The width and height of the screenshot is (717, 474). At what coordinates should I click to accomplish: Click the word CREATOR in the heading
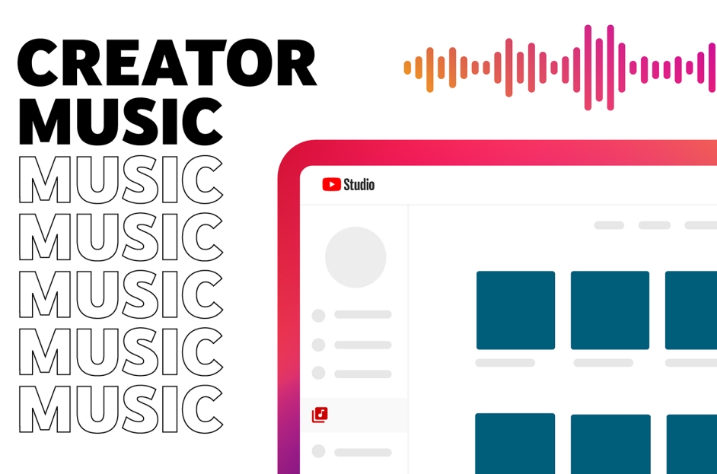click(x=167, y=63)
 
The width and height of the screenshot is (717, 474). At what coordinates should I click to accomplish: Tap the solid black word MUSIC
click(x=121, y=121)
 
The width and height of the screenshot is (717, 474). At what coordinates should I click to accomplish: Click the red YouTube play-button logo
click(x=332, y=184)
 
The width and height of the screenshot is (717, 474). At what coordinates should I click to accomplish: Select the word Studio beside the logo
click(x=359, y=184)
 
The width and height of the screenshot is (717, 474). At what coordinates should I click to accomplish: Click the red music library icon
click(x=320, y=415)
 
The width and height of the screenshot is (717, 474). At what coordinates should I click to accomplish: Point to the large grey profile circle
click(x=355, y=257)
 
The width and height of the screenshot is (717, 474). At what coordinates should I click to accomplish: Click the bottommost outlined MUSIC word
click(x=121, y=409)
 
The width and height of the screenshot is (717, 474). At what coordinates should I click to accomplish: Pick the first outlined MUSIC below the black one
click(x=121, y=180)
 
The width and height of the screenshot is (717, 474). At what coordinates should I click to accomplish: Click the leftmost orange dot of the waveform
click(x=407, y=68)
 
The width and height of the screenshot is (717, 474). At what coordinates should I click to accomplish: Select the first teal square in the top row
click(x=516, y=310)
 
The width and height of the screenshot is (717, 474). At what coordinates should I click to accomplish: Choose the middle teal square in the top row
click(x=610, y=310)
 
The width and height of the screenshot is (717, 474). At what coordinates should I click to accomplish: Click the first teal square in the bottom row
click(x=515, y=444)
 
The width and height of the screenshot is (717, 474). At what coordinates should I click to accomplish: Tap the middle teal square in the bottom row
click(x=610, y=444)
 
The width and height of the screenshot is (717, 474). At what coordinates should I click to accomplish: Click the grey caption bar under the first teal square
click(x=505, y=363)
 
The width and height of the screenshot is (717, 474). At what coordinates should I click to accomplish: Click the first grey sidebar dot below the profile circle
click(x=318, y=316)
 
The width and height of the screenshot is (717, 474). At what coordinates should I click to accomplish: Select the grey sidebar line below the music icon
click(x=363, y=453)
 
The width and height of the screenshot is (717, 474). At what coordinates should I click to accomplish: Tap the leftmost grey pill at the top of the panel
click(x=609, y=225)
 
